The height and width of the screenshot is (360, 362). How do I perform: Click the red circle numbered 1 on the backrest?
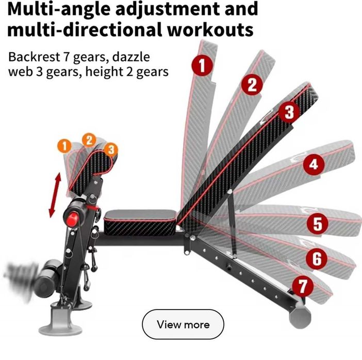tap(202, 65)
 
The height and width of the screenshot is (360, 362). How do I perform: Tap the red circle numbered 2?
tap(252, 84)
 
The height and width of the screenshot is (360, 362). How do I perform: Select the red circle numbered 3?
tap(289, 112)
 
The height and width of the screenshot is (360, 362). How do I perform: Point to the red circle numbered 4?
tap(314, 164)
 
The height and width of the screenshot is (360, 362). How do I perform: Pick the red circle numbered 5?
tap(318, 223)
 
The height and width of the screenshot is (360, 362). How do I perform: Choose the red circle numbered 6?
tap(317, 259)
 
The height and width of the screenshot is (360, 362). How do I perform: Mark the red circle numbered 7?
tap(303, 286)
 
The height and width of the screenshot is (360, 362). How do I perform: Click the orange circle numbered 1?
tap(64, 146)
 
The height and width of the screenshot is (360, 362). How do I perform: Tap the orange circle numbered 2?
tap(89, 140)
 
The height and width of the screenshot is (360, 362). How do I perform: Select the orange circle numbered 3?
tap(111, 149)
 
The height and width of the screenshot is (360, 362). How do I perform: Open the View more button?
tap(183, 324)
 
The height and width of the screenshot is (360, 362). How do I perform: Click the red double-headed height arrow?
tap(55, 195)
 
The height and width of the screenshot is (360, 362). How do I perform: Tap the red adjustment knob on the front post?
tap(72, 219)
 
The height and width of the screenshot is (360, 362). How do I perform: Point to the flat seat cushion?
tap(141, 222)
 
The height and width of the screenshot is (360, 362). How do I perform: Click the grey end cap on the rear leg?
tap(300, 315)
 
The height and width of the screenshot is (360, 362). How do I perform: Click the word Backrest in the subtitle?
tap(34, 57)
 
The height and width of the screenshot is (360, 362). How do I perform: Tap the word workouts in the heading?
tap(210, 30)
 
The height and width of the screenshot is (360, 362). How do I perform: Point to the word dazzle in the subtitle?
tap(131, 57)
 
